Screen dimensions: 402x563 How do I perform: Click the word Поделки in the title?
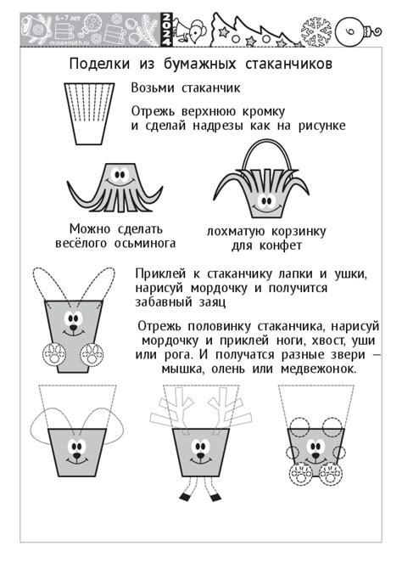(99, 65)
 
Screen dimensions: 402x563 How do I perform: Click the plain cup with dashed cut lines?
(89, 114)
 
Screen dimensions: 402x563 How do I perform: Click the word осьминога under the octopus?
(145, 244)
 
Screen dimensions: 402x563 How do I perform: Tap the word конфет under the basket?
(281, 246)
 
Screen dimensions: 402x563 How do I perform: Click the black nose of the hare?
(73, 328)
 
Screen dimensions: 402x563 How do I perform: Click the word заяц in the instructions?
(213, 302)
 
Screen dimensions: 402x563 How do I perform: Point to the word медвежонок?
(318, 369)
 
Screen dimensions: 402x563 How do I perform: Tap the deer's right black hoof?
(215, 498)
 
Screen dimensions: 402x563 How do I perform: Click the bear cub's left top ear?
(299, 427)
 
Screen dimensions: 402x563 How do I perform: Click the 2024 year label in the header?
(167, 30)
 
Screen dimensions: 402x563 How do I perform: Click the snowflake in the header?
(315, 31)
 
